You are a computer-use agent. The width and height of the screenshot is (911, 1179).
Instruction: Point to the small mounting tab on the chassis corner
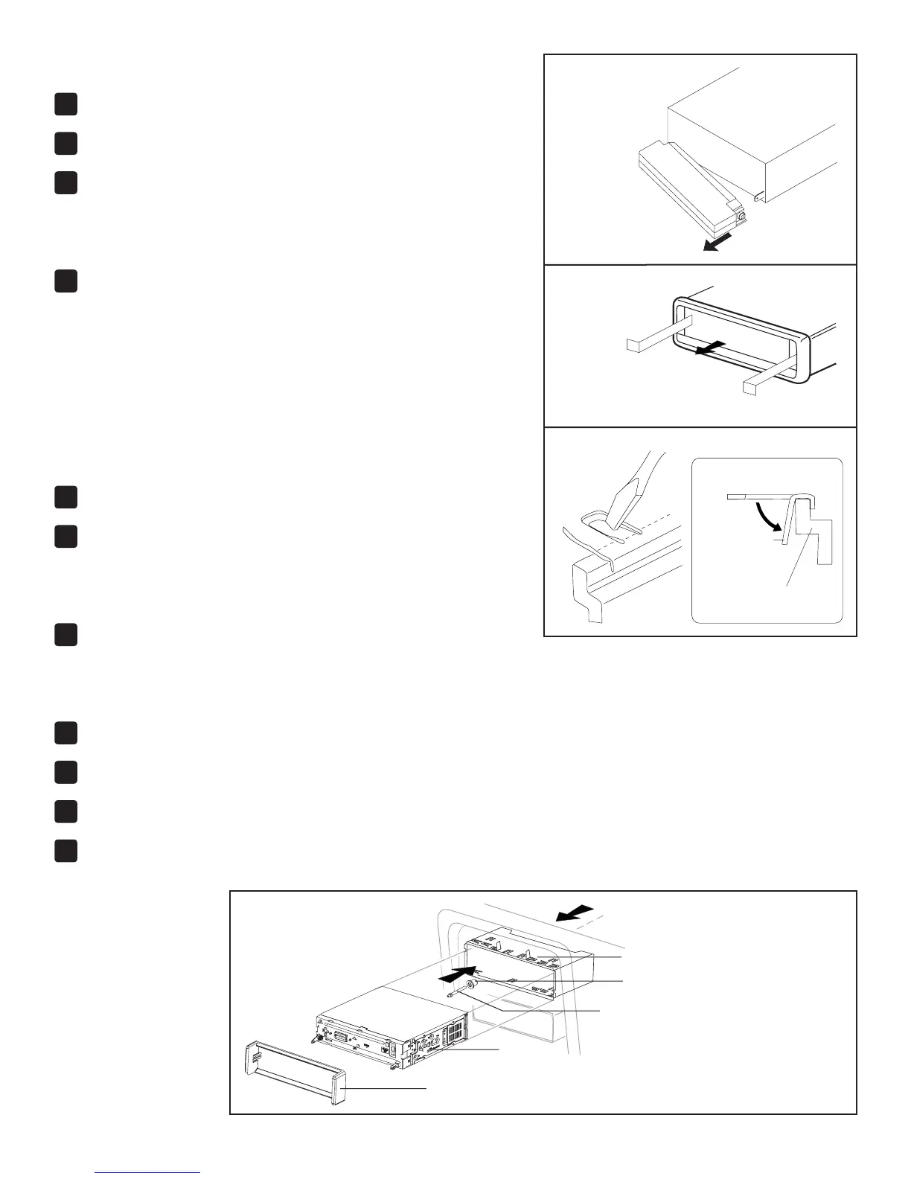[758, 197]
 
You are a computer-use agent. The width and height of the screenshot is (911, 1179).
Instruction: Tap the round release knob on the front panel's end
[743, 217]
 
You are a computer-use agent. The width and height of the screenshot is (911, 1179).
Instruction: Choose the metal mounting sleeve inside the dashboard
[521, 960]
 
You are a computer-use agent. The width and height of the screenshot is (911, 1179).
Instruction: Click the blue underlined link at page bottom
[148, 1172]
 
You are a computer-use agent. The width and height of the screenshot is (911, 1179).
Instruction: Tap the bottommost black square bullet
[65, 851]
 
